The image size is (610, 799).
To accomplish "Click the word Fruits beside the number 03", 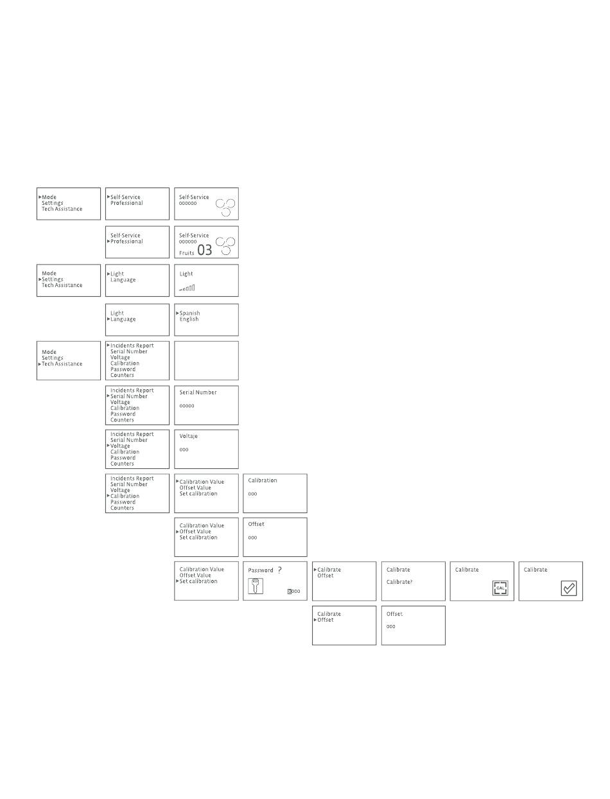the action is (186, 254).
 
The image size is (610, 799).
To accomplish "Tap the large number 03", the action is (205, 250).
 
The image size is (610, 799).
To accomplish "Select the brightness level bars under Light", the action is (187, 288).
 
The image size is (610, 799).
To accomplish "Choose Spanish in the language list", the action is (189, 313).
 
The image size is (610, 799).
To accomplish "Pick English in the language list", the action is (189, 319).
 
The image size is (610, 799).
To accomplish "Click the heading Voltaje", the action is (189, 436).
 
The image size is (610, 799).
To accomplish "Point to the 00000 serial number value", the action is (187, 406).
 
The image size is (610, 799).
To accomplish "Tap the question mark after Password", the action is (279, 570).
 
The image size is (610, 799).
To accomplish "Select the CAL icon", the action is (500, 588).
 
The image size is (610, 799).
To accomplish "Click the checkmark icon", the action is (569, 588).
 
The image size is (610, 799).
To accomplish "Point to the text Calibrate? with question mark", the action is (399, 582).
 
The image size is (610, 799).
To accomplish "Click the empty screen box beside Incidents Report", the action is (206, 360).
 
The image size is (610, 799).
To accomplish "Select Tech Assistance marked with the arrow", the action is (62, 364).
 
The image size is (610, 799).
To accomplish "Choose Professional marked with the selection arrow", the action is (126, 241).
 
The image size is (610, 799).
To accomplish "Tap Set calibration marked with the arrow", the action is (198, 581).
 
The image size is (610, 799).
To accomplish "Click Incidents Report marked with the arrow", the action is (132, 346).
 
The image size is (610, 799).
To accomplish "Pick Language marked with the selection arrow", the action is (123, 319).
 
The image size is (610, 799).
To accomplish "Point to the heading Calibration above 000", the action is (263, 480).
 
